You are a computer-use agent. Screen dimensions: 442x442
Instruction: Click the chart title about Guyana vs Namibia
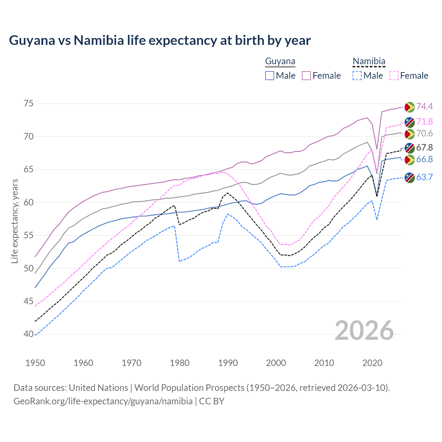(x=160, y=40)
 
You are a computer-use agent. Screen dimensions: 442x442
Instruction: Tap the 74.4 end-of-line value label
(x=424, y=106)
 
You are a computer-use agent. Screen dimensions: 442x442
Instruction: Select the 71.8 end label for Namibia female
(x=424, y=122)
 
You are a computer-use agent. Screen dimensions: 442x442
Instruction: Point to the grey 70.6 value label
(x=424, y=133)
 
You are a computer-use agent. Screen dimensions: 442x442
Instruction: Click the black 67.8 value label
(x=424, y=148)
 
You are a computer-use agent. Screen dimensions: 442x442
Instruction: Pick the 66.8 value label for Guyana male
(x=424, y=159)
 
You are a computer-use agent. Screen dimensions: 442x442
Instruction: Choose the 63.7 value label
(x=424, y=177)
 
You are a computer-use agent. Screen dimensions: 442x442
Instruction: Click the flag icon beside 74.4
(x=410, y=107)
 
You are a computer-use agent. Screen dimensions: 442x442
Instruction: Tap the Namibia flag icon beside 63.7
(x=410, y=178)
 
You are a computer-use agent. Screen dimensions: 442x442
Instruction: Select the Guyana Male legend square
(x=270, y=76)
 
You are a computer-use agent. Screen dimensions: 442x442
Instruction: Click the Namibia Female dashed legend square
(x=394, y=76)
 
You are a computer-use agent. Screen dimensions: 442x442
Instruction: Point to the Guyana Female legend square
(x=306, y=76)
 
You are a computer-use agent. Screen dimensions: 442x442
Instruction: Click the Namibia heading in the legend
(x=369, y=61)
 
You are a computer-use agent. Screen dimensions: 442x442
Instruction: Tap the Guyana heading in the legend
(x=280, y=61)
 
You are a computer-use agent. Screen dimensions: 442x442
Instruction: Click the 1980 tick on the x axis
(x=180, y=363)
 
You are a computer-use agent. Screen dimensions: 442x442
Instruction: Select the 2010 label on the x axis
(x=324, y=363)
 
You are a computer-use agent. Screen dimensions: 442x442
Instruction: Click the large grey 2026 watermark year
(x=364, y=330)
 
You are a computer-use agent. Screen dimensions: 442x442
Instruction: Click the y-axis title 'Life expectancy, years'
(x=15, y=221)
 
